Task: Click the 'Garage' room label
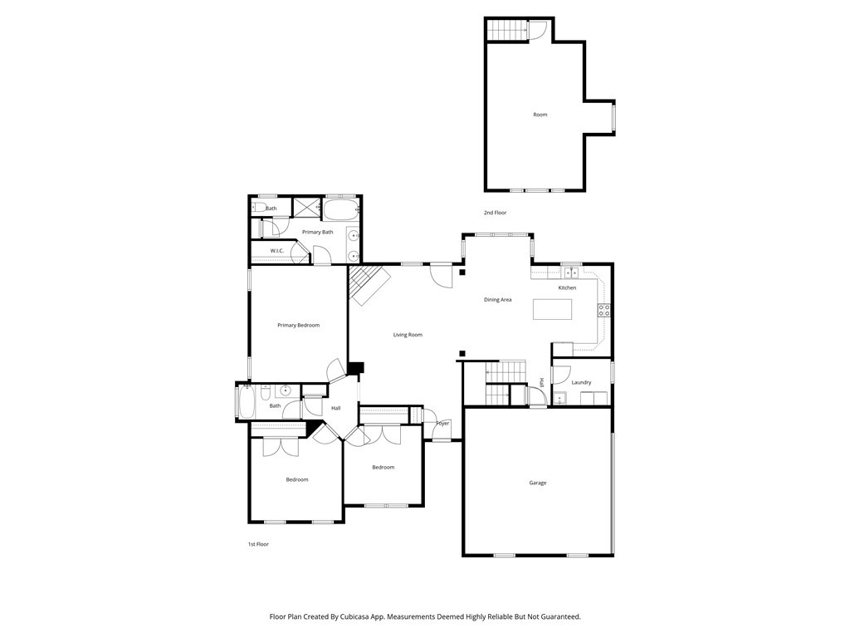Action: (x=538, y=483)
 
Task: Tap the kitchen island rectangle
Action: (x=553, y=309)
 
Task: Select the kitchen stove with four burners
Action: (x=604, y=312)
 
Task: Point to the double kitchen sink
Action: (x=571, y=272)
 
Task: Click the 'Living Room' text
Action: (x=408, y=335)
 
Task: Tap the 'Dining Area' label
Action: (x=498, y=299)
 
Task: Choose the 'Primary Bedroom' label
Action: (x=298, y=325)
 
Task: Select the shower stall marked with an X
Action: (x=305, y=208)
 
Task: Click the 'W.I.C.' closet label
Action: (x=277, y=251)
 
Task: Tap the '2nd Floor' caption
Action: (x=495, y=213)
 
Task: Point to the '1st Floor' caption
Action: (x=258, y=544)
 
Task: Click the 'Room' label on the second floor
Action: (x=540, y=115)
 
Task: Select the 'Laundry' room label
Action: (x=581, y=382)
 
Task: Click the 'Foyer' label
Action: (x=442, y=424)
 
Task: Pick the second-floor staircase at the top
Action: (x=507, y=30)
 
